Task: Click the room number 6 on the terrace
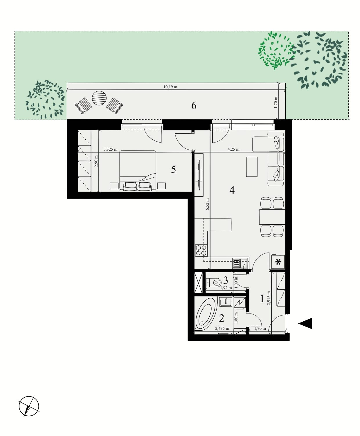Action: pos(194,106)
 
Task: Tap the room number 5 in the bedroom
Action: pos(173,170)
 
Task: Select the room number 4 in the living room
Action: pos(232,190)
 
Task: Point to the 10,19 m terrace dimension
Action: pos(170,87)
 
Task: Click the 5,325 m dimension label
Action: pos(110,149)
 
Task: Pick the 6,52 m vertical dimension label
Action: pos(208,204)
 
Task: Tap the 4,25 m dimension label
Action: pos(233,149)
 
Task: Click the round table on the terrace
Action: pos(99,98)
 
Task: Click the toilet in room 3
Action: pos(213,283)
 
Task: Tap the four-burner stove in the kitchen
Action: pos(201,250)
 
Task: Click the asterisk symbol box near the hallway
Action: pos(278,262)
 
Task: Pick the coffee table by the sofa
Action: pos(252,167)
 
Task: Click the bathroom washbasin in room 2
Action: pos(225,302)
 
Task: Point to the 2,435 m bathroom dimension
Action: pos(222,329)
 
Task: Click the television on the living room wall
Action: pos(199,174)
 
